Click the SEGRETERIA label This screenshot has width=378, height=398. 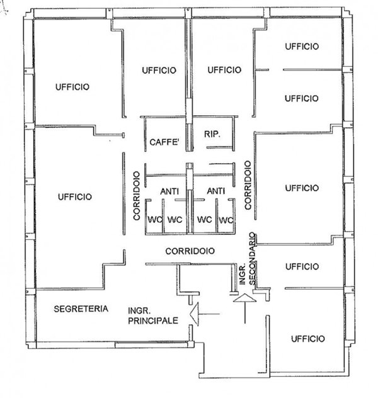81,309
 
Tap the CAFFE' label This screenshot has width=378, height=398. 164,142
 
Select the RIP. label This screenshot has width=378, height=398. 212,134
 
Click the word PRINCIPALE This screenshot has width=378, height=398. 153,321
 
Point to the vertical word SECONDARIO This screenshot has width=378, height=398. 252,258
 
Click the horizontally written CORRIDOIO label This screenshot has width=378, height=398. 190,251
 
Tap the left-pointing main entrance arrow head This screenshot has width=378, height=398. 194,314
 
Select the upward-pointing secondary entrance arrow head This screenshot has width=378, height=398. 244,298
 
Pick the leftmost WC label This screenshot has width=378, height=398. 155,219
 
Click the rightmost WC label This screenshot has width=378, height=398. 226,220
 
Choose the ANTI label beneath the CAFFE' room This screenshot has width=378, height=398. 169,191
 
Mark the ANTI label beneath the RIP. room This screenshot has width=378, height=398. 216,191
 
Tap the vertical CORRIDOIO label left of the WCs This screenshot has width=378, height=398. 137,196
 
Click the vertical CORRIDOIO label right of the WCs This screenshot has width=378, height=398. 248,185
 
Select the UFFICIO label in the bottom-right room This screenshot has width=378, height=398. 307,339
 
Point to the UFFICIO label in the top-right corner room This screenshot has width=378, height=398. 302,47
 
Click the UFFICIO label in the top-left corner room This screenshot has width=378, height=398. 72,87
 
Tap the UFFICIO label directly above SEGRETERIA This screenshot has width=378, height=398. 75,196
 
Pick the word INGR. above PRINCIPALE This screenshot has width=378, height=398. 139,310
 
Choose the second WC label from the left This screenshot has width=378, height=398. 175,219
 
